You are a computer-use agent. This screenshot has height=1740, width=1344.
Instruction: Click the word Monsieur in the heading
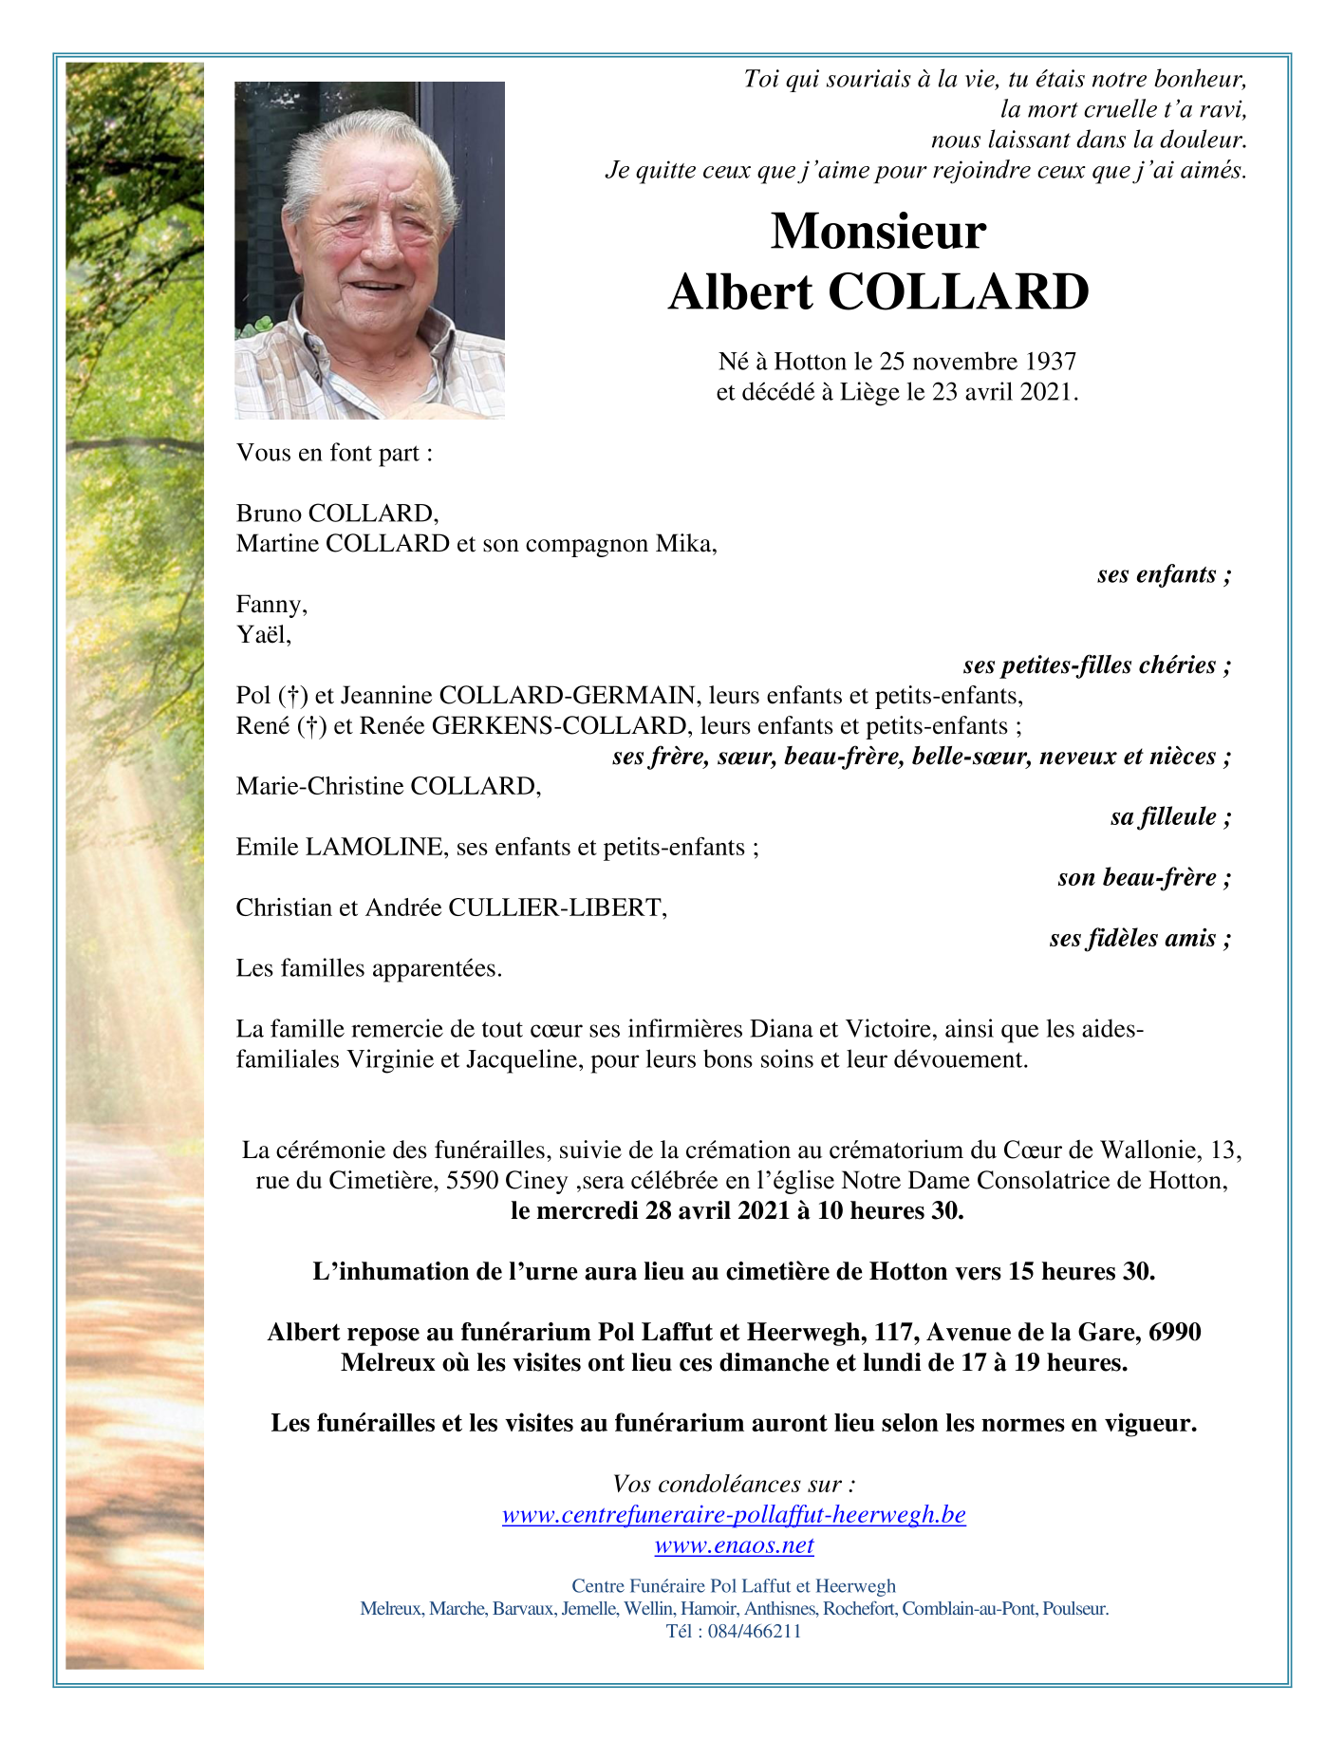(x=878, y=232)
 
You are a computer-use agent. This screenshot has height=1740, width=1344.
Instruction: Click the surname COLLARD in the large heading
(x=959, y=292)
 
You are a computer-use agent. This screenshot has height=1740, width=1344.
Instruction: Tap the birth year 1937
(x=1050, y=362)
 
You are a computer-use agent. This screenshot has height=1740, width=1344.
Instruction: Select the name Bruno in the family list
(x=269, y=514)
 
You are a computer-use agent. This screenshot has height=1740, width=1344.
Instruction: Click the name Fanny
(x=271, y=605)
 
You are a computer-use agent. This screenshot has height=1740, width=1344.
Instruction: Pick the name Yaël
(x=263, y=635)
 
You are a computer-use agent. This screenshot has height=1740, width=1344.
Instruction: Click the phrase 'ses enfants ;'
(x=1164, y=574)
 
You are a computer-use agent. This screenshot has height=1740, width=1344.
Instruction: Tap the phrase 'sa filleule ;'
(x=1170, y=817)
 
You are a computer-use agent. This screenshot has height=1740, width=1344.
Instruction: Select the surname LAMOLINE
(x=374, y=847)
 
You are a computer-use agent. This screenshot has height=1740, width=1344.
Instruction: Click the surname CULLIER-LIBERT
(x=556, y=907)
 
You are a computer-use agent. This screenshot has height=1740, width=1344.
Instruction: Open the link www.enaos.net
(x=734, y=1545)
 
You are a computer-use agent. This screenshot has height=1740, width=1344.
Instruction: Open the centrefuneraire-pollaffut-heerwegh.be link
(x=734, y=1515)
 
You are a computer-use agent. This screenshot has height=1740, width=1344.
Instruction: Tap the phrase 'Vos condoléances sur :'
(x=734, y=1485)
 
